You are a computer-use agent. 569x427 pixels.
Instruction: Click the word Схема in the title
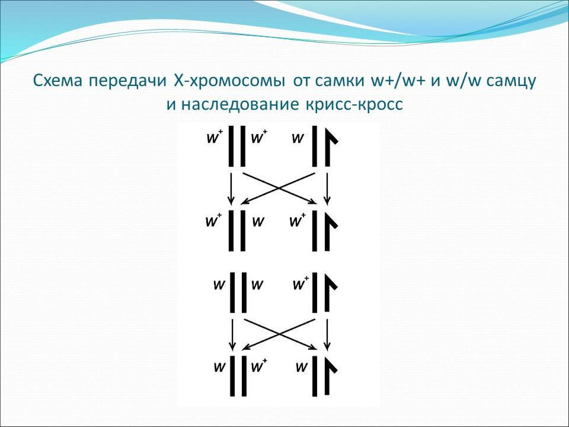point(58,81)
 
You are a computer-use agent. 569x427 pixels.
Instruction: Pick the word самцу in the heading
point(512,81)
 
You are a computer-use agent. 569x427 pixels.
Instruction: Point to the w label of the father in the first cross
point(298,139)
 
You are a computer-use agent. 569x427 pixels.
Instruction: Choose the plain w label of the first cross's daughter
point(258,222)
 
